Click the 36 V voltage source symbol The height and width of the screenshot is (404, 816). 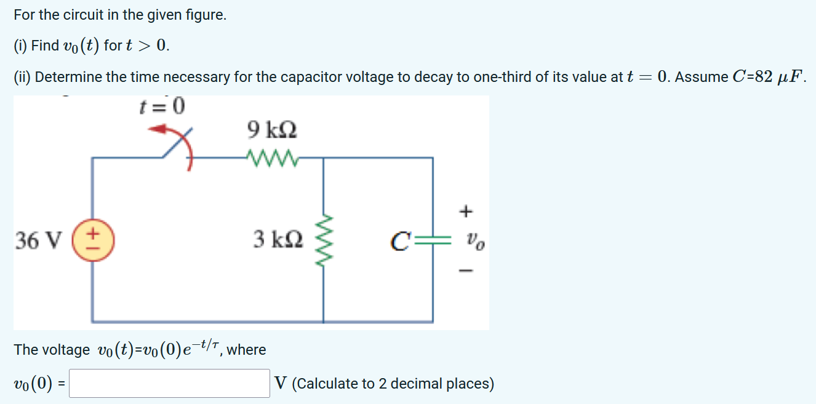coord(94,241)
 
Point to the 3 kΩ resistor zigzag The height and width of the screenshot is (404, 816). coord(324,240)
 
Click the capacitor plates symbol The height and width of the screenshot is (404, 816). coord(433,241)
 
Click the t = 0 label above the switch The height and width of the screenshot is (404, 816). coord(161,107)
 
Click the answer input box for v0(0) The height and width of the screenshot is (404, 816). coord(169,384)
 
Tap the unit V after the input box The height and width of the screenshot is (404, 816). coord(281,384)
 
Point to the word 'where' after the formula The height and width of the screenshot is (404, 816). coord(247,350)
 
